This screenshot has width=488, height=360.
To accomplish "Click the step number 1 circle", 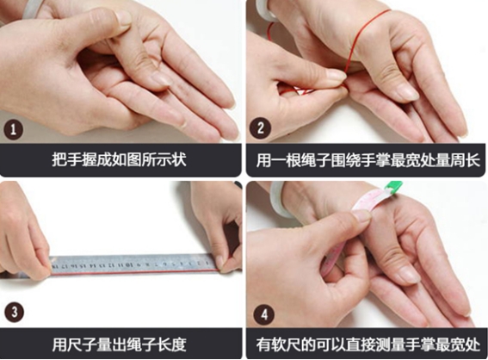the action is click(14, 129).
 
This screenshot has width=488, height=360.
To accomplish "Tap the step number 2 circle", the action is click(260, 128).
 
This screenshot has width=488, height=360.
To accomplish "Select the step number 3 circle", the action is click(14, 312).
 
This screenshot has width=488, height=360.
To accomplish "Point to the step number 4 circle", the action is click(264, 314).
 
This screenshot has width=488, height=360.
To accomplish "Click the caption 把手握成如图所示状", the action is click(119, 159).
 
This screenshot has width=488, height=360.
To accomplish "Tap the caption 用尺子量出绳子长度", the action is click(119, 344).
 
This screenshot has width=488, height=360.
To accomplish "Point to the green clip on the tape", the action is click(392, 187).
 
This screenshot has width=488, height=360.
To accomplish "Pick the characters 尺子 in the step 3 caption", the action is click(82, 344).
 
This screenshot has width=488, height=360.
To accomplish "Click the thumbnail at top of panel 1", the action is click(124, 19).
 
